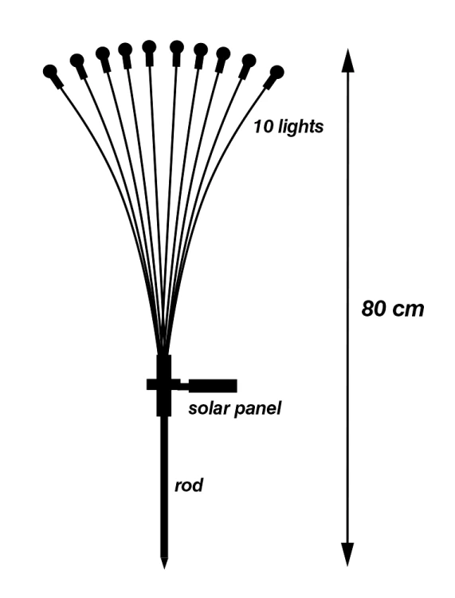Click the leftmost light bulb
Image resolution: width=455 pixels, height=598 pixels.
(51, 71)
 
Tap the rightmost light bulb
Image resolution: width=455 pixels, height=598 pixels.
(277, 72)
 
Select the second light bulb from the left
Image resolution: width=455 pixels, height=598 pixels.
(77, 61)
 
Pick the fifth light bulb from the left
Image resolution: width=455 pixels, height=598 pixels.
(149, 47)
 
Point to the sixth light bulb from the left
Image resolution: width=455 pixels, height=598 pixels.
(176, 47)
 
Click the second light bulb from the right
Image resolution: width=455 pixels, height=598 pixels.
(249, 61)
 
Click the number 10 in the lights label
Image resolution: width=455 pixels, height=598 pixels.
(263, 126)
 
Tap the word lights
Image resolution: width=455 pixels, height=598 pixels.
(300, 128)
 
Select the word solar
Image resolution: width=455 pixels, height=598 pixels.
(208, 408)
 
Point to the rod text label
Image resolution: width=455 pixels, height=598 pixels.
(189, 486)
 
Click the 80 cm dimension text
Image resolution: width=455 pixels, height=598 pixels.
(392, 309)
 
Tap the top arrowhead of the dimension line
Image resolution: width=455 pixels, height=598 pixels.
(347, 61)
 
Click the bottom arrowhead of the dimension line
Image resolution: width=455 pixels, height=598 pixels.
(347, 554)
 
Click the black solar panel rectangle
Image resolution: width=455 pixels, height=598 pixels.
(213, 386)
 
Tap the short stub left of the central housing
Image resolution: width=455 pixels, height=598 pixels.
(151, 384)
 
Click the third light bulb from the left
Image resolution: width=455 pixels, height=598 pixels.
(103, 53)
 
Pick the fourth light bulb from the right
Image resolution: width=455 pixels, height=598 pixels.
(201, 50)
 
